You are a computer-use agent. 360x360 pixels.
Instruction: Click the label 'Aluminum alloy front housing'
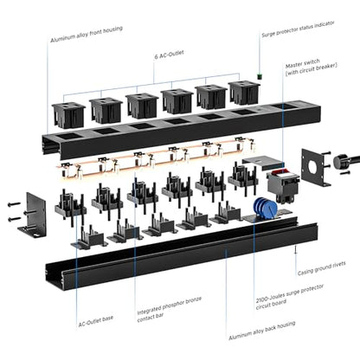pos(87,35)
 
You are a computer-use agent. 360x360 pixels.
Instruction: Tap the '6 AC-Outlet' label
pos(169,55)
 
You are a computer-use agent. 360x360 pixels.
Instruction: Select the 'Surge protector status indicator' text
pos(298,29)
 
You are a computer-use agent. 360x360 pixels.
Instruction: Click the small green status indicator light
pos(259,76)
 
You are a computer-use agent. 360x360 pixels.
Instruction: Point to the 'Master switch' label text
pos(303,63)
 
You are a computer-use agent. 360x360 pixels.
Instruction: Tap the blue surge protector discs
pos(265,207)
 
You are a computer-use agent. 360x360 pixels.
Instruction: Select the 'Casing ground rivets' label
pos(321,268)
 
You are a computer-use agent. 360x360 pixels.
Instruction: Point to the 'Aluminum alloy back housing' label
pos(262,331)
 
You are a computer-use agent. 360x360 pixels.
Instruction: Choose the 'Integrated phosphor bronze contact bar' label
pos(169,309)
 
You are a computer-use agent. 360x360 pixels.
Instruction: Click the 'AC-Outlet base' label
pos(96,321)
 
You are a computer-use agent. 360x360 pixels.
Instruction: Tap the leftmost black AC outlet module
pos(68,115)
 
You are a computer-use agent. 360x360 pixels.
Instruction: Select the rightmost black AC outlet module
pos(244,92)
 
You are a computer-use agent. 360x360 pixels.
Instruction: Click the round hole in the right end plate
pos(313,166)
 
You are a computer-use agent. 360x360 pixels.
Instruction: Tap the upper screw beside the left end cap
pos(14,204)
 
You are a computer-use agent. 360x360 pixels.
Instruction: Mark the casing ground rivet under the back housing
pos(295,249)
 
